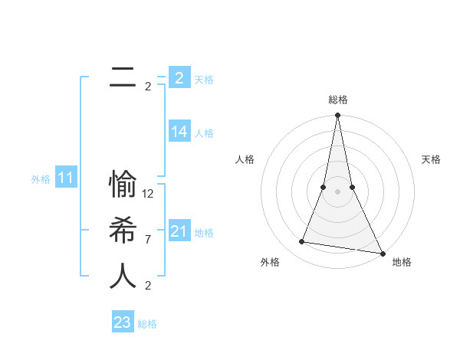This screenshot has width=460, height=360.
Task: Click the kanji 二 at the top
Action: tap(123, 77)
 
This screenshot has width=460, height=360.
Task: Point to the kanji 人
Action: tap(123, 276)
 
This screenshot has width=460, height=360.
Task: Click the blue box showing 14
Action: tap(179, 132)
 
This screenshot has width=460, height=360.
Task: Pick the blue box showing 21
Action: tap(179, 231)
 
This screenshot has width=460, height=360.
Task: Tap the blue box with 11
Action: tap(65, 178)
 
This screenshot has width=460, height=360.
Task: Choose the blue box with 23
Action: tap(122, 322)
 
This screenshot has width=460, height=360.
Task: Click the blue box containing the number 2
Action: tap(179, 77)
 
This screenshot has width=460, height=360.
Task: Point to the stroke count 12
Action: tap(149, 194)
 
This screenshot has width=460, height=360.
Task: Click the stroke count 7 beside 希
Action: tap(148, 240)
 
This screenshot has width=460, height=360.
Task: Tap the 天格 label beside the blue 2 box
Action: tap(204, 79)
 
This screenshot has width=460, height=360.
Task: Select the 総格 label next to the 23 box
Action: tap(147, 324)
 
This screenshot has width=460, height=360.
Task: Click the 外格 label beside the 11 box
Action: tap(41, 180)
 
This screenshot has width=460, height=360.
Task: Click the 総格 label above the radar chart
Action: tap(337, 100)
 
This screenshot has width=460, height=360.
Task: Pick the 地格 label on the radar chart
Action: tap(402, 262)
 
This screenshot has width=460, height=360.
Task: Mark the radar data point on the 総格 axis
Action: tap(337, 116)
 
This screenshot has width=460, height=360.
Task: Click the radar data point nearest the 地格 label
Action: tap(382, 253)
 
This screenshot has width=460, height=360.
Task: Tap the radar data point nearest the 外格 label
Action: tap(302, 242)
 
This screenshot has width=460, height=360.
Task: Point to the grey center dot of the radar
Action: tap(337, 191)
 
